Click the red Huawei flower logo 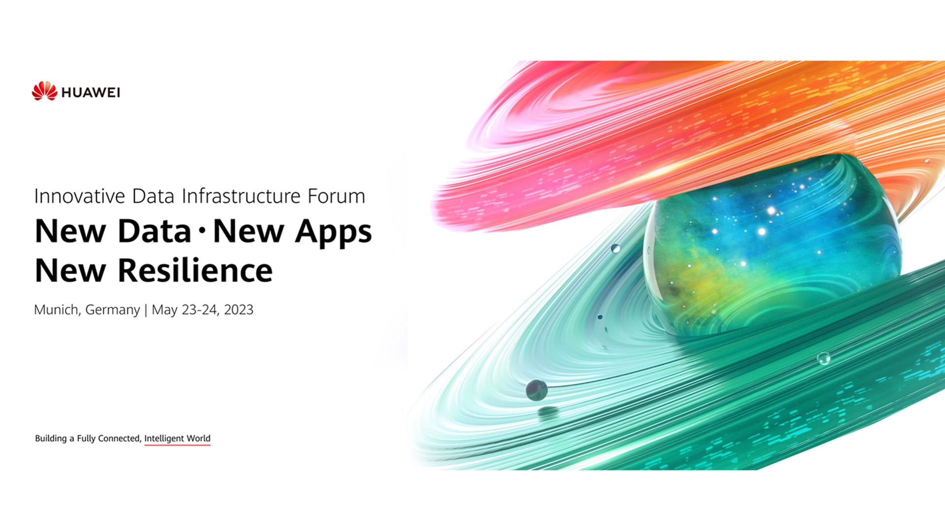(44, 91)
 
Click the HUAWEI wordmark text (91, 92)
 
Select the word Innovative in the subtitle (80, 196)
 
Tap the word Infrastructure (241, 196)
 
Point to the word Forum (336, 196)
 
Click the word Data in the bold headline (155, 231)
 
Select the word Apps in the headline (333, 232)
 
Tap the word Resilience (195, 270)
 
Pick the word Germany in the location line (113, 310)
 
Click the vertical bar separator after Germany (146, 310)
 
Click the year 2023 (239, 310)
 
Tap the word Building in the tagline (51, 439)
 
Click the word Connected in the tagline (120, 438)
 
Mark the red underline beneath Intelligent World (177, 445)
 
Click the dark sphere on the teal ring (536, 390)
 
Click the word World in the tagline (198, 438)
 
